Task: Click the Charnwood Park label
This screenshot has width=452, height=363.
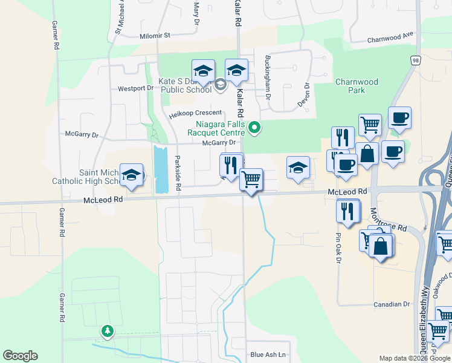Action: (357, 86)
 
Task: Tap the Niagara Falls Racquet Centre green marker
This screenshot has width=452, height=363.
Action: (254, 127)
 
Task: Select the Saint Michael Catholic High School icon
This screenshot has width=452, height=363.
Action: (131, 175)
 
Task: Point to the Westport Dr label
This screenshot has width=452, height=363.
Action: (135, 88)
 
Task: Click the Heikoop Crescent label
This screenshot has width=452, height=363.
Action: (196, 113)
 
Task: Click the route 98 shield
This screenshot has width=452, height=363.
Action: (415, 60)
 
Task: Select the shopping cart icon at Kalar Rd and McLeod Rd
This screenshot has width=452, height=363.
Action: (251, 179)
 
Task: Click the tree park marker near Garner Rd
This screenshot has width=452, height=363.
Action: (108, 331)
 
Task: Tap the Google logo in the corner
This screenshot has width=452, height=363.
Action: (20, 355)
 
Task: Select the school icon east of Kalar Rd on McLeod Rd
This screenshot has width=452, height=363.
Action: (297, 168)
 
